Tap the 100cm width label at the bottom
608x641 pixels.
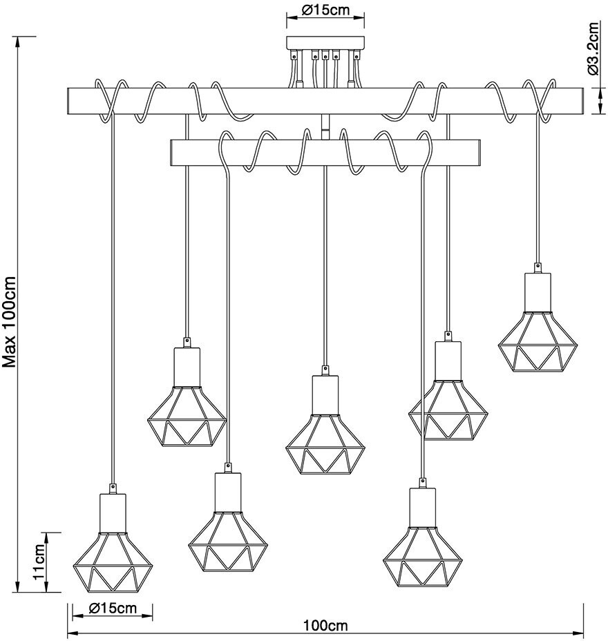click(x=325, y=626)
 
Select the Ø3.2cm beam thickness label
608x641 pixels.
click(x=592, y=48)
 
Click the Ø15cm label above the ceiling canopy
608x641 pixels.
click(x=325, y=10)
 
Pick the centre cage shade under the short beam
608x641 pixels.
click(x=325, y=442)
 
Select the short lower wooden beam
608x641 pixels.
click(x=325, y=153)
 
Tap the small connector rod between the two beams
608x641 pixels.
click(x=325, y=127)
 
